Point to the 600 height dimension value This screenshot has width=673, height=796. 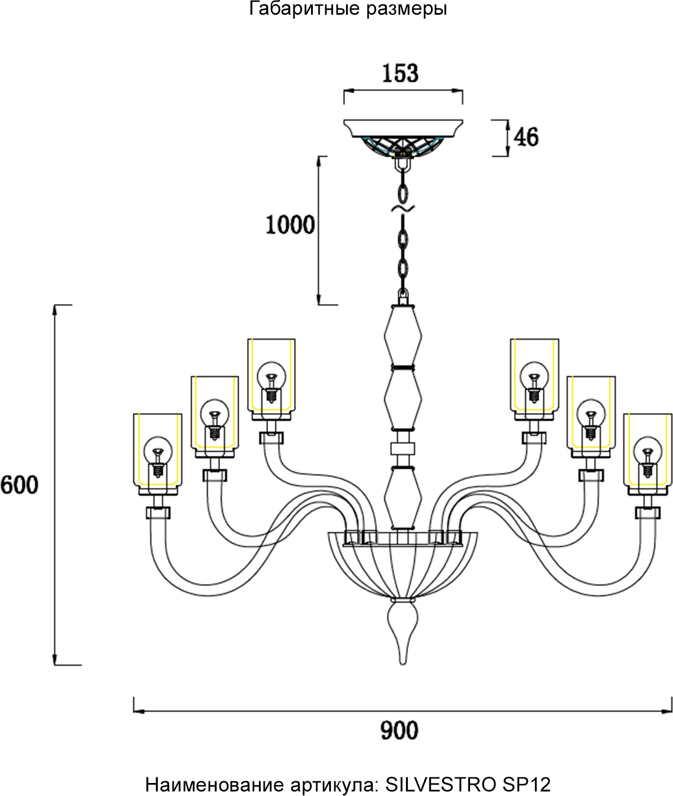pos(19,485)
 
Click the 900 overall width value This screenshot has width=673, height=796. pos(399,730)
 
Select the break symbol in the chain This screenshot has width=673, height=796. pos(403,209)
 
